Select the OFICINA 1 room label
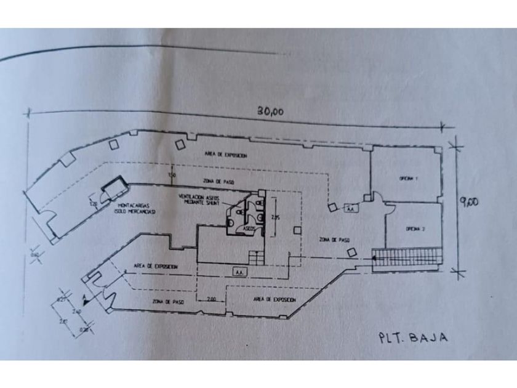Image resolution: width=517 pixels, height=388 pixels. coord(408,179)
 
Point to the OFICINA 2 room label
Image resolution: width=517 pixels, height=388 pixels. coord(414,229)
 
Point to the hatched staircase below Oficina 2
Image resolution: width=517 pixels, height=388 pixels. coord(410,255)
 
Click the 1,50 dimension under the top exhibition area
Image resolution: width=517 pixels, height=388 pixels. coord(172,176)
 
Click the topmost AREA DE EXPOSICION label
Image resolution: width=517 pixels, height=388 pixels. coord(226,155)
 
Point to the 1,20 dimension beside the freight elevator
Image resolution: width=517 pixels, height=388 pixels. coord(94,203)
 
